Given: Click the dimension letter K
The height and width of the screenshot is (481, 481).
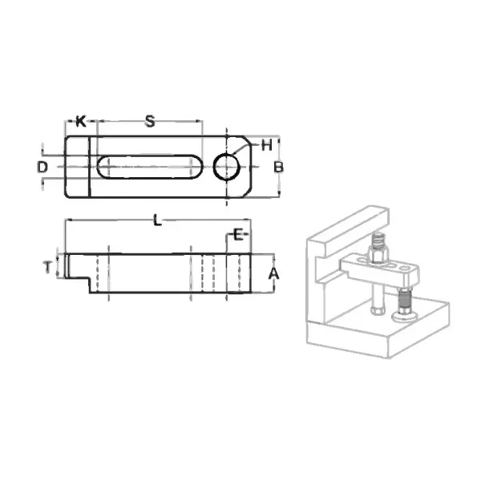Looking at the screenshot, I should pos(80,122).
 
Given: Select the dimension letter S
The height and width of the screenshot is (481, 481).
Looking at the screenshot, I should pos(150,122).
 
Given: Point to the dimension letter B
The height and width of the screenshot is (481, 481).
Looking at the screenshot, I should pos(277,167).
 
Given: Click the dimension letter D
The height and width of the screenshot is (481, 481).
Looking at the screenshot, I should pos(42,167).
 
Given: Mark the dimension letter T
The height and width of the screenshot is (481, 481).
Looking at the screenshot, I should pos(48,268).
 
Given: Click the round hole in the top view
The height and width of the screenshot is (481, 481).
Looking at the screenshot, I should pos(227,167).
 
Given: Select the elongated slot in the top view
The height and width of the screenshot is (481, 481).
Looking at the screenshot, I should pos(149,167).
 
